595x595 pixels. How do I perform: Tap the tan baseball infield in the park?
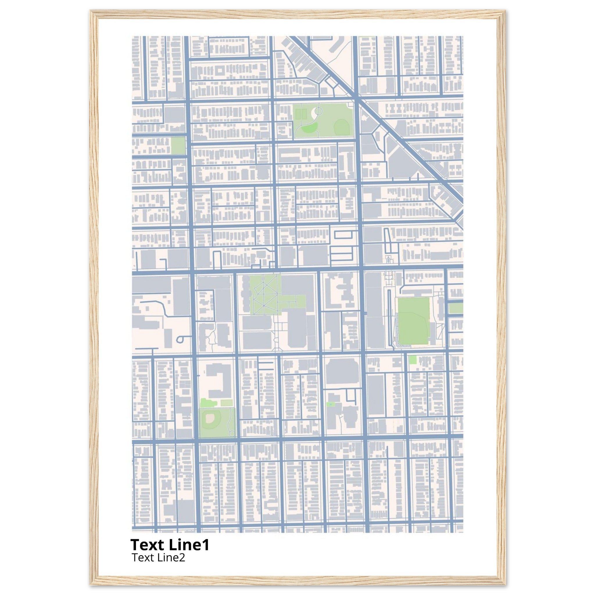coord(210,417)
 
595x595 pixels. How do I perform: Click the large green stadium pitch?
coord(414,321)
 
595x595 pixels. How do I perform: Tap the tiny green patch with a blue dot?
coord(330,404)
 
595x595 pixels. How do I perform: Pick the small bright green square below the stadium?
coord(413,360)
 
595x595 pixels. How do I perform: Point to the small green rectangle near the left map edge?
coord(178,146)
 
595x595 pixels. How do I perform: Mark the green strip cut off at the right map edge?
coord(456,308)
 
